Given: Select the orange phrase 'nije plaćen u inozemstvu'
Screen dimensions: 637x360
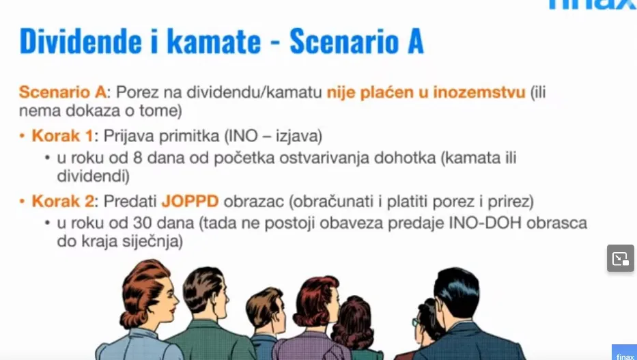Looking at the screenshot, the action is [426, 93].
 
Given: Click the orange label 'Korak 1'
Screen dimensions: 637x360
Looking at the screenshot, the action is [63, 136].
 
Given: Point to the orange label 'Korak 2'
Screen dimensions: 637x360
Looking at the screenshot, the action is [63, 201].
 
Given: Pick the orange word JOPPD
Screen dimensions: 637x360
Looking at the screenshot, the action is [190, 201].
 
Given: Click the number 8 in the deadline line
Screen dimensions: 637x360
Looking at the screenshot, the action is [138, 158].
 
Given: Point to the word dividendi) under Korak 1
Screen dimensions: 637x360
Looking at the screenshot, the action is [93, 176].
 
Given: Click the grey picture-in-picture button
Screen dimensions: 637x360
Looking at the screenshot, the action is [621, 258].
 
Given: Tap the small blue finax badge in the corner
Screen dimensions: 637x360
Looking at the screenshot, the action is [625, 352].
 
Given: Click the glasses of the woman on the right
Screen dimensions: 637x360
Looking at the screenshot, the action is [415, 322].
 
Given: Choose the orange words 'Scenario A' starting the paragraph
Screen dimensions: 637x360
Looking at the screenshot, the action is [63, 92].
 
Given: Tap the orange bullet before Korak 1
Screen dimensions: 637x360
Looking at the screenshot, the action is [23, 136].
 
